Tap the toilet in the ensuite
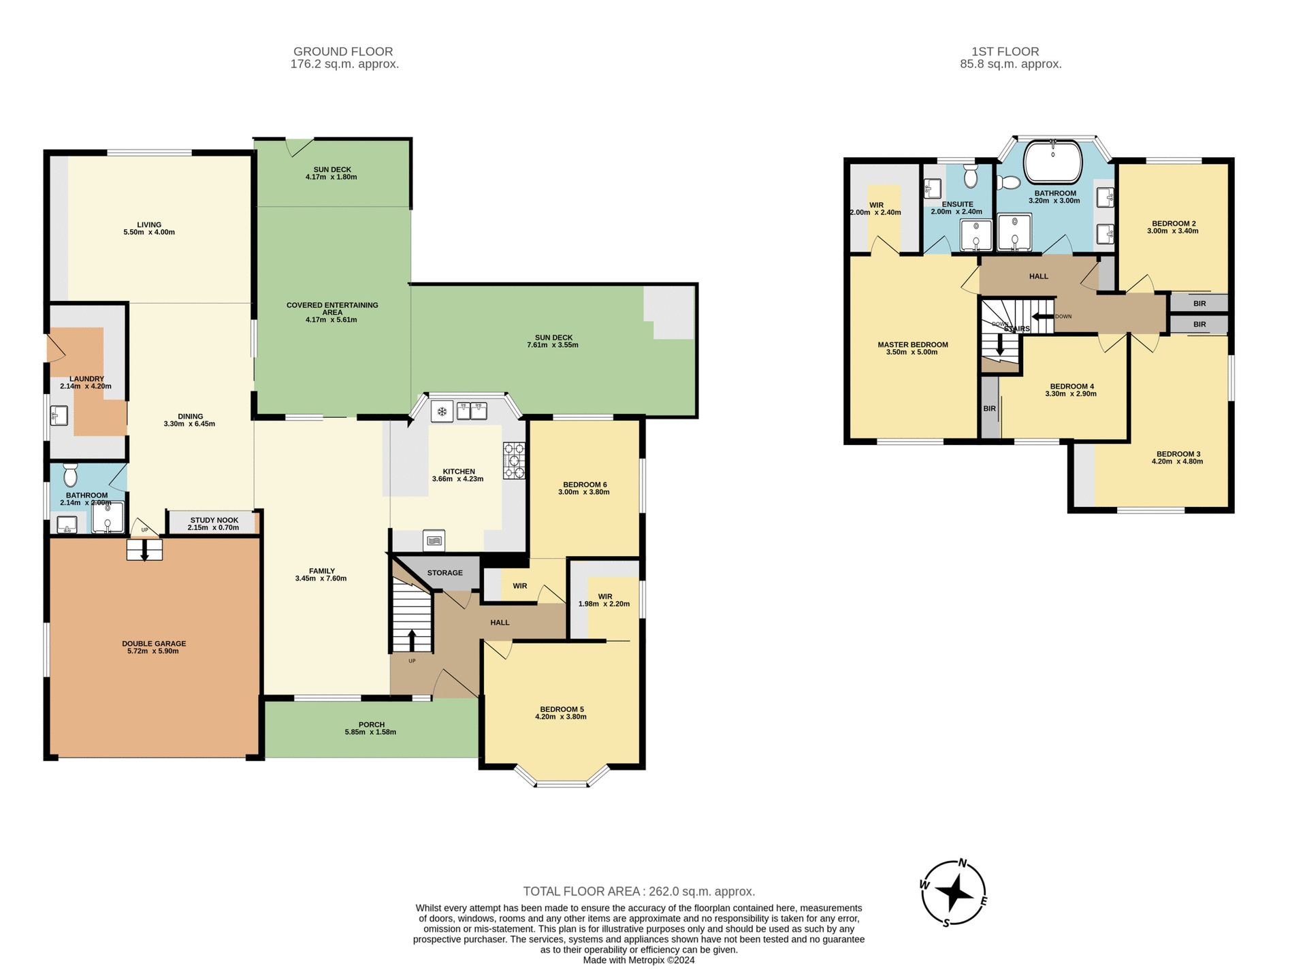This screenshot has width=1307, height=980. click(971, 176)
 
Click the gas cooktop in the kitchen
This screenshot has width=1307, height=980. click(514, 461)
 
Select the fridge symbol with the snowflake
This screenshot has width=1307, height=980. click(442, 412)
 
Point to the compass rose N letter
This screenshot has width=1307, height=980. click(963, 864)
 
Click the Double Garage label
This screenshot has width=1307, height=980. click(154, 643)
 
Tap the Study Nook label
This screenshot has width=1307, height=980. click(214, 520)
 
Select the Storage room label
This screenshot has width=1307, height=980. click(445, 573)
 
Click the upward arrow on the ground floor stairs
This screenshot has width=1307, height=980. click(412, 640)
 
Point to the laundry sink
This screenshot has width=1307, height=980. click(59, 415)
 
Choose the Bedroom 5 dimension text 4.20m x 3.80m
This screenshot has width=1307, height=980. click(560, 717)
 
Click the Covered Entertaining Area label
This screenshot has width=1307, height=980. click(332, 308)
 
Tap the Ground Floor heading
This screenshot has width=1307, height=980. click(343, 52)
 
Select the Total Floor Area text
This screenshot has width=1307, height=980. click(639, 892)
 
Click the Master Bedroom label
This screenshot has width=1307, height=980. click(912, 344)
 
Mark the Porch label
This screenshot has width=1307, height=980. click(372, 725)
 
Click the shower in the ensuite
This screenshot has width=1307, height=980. click(976, 235)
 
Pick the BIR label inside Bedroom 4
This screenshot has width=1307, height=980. click(989, 408)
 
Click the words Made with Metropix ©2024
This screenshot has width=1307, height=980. click(639, 960)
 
